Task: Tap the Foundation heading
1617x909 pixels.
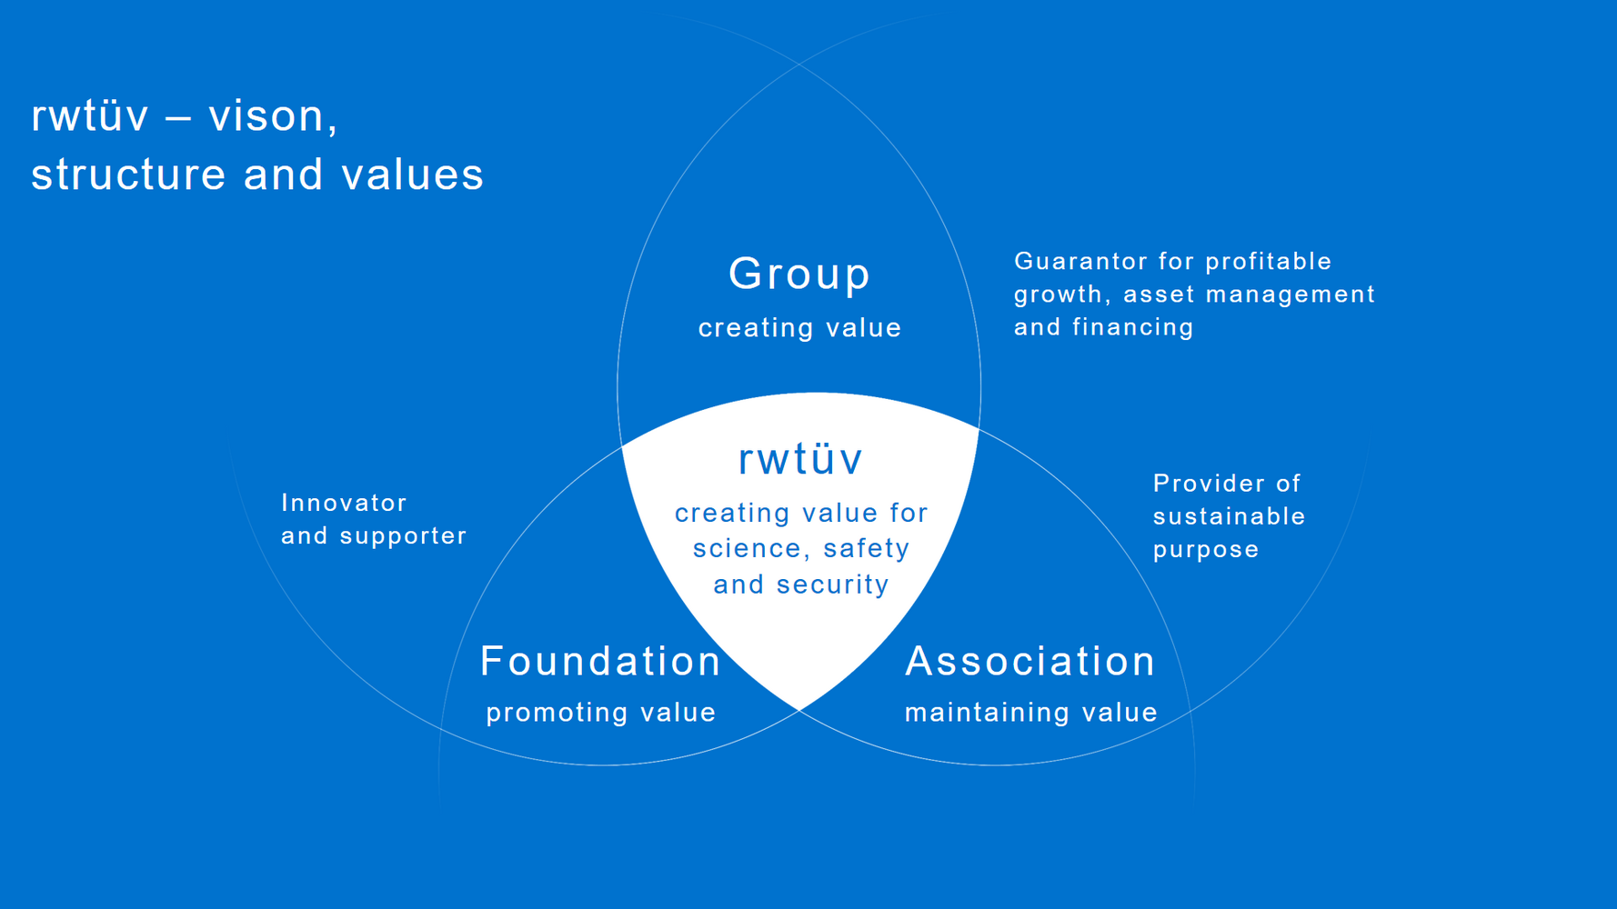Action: [600, 661]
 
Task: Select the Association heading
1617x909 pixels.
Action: [1030, 661]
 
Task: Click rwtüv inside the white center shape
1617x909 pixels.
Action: [800, 459]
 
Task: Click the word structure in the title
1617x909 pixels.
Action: [128, 175]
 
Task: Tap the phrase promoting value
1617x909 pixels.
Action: [601, 713]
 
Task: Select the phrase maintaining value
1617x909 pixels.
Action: [1031, 712]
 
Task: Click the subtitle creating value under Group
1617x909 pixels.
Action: [799, 327]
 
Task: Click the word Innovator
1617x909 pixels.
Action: [344, 503]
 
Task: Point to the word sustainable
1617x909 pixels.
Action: [1230, 516]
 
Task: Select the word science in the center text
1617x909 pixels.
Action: [747, 549]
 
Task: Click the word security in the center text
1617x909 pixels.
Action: [832, 584]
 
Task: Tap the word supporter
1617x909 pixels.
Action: [403, 536]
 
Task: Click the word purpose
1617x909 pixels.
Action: [1206, 551]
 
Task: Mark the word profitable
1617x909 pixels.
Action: [1269, 262]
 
